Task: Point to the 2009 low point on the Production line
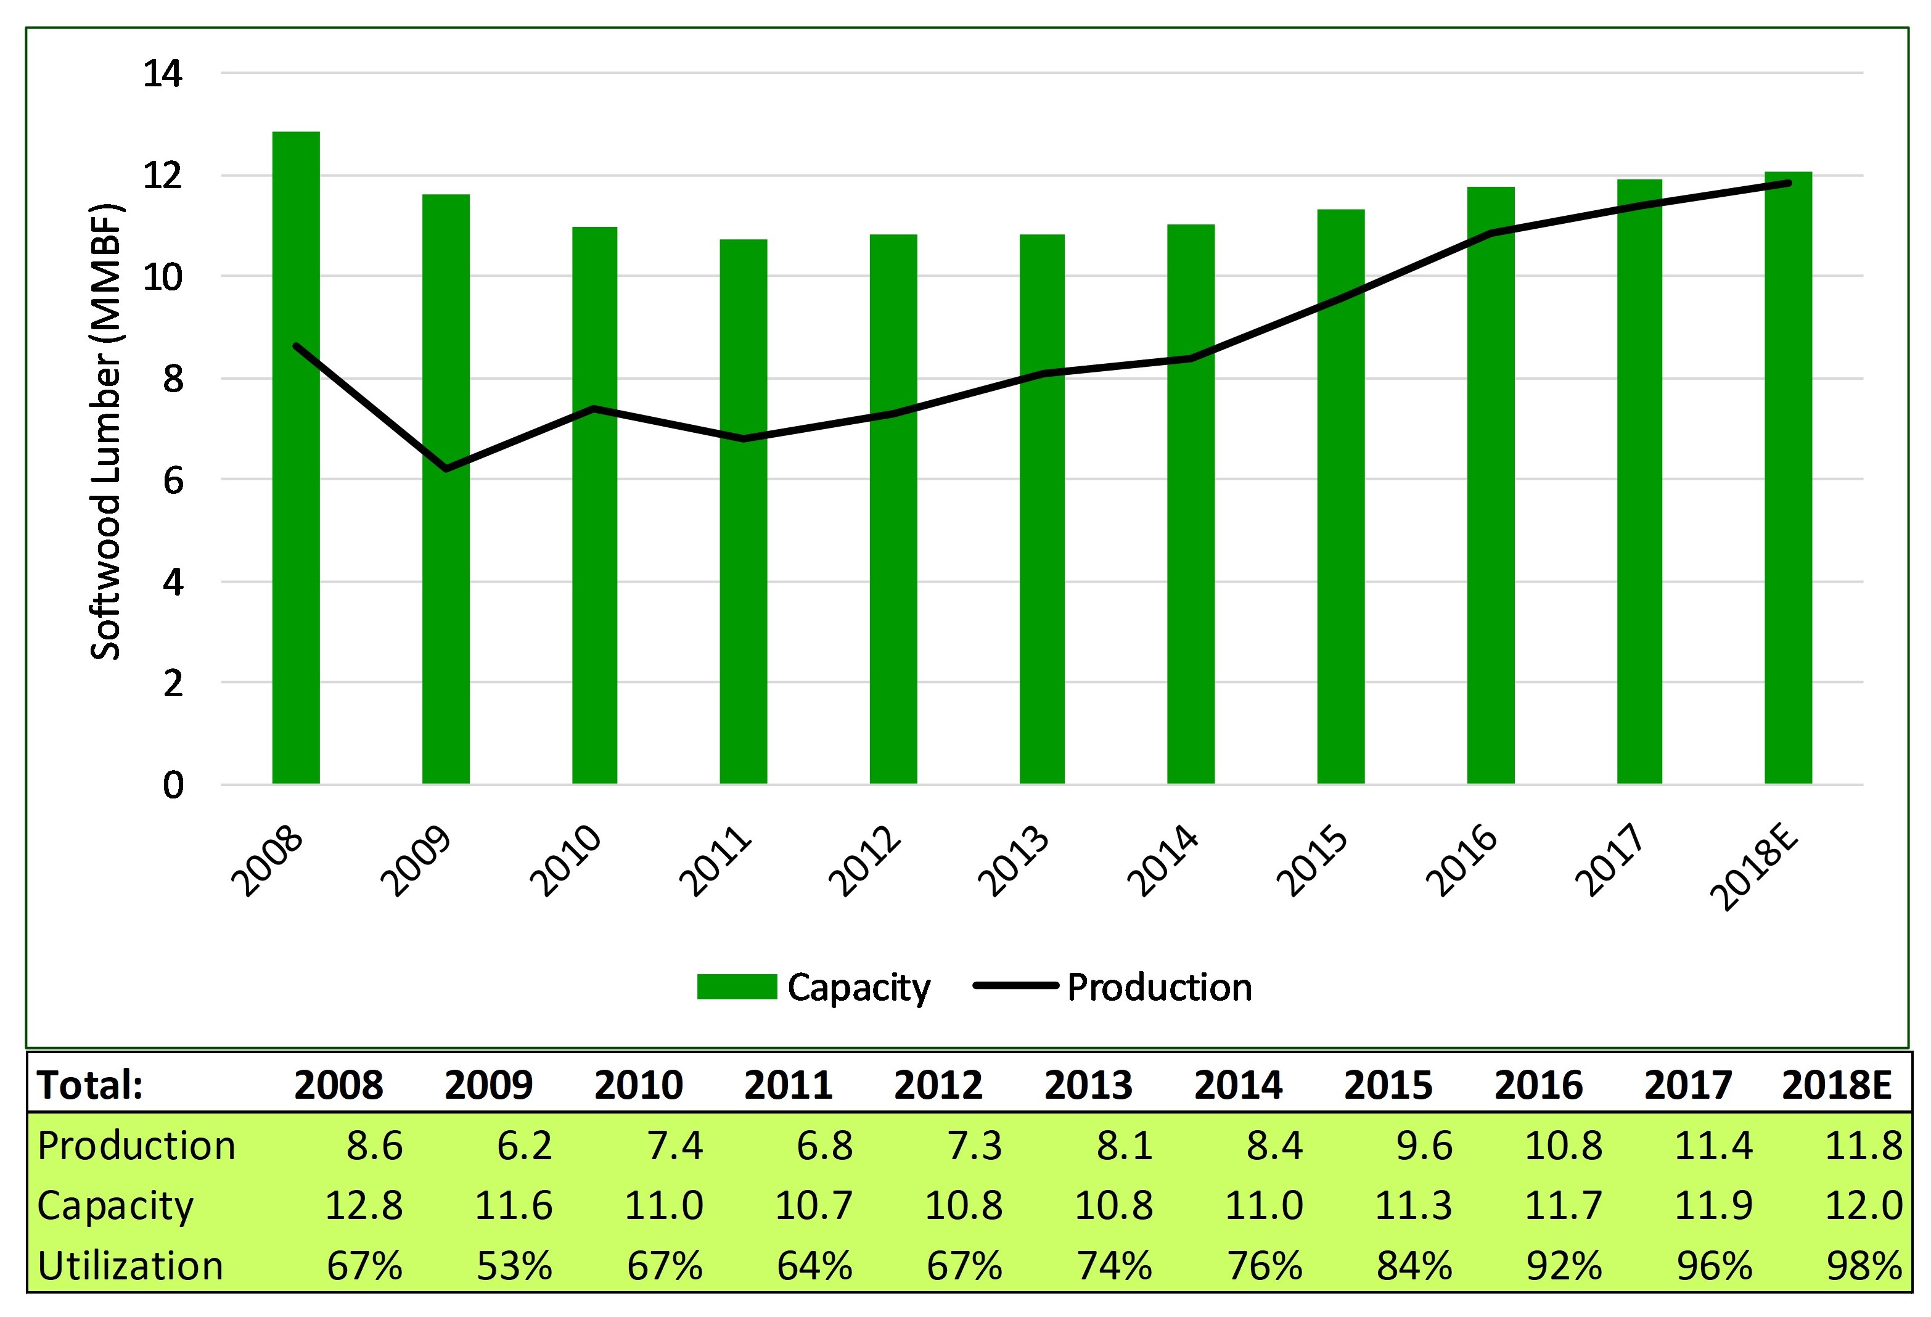click(x=446, y=469)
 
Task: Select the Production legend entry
click(x=1113, y=987)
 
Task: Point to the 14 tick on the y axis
click(x=163, y=74)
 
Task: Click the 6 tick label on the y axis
click(x=172, y=480)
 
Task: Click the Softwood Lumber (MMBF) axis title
click(x=107, y=432)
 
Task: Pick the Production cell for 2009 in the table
click(x=524, y=1146)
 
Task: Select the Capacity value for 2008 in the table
click(x=363, y=1205)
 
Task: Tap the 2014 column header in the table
click(x=1238, y=1085)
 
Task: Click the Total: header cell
click(x=91, y=1085)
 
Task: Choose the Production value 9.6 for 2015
click(x=1424, y=1146)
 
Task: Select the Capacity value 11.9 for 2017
click(x=1713, y=1205)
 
